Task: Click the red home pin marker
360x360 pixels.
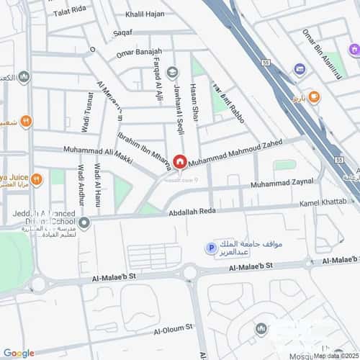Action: (x=178, y=163)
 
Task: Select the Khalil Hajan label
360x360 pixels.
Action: (x=144, y=14)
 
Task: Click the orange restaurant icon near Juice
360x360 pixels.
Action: (x=26, y=121)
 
